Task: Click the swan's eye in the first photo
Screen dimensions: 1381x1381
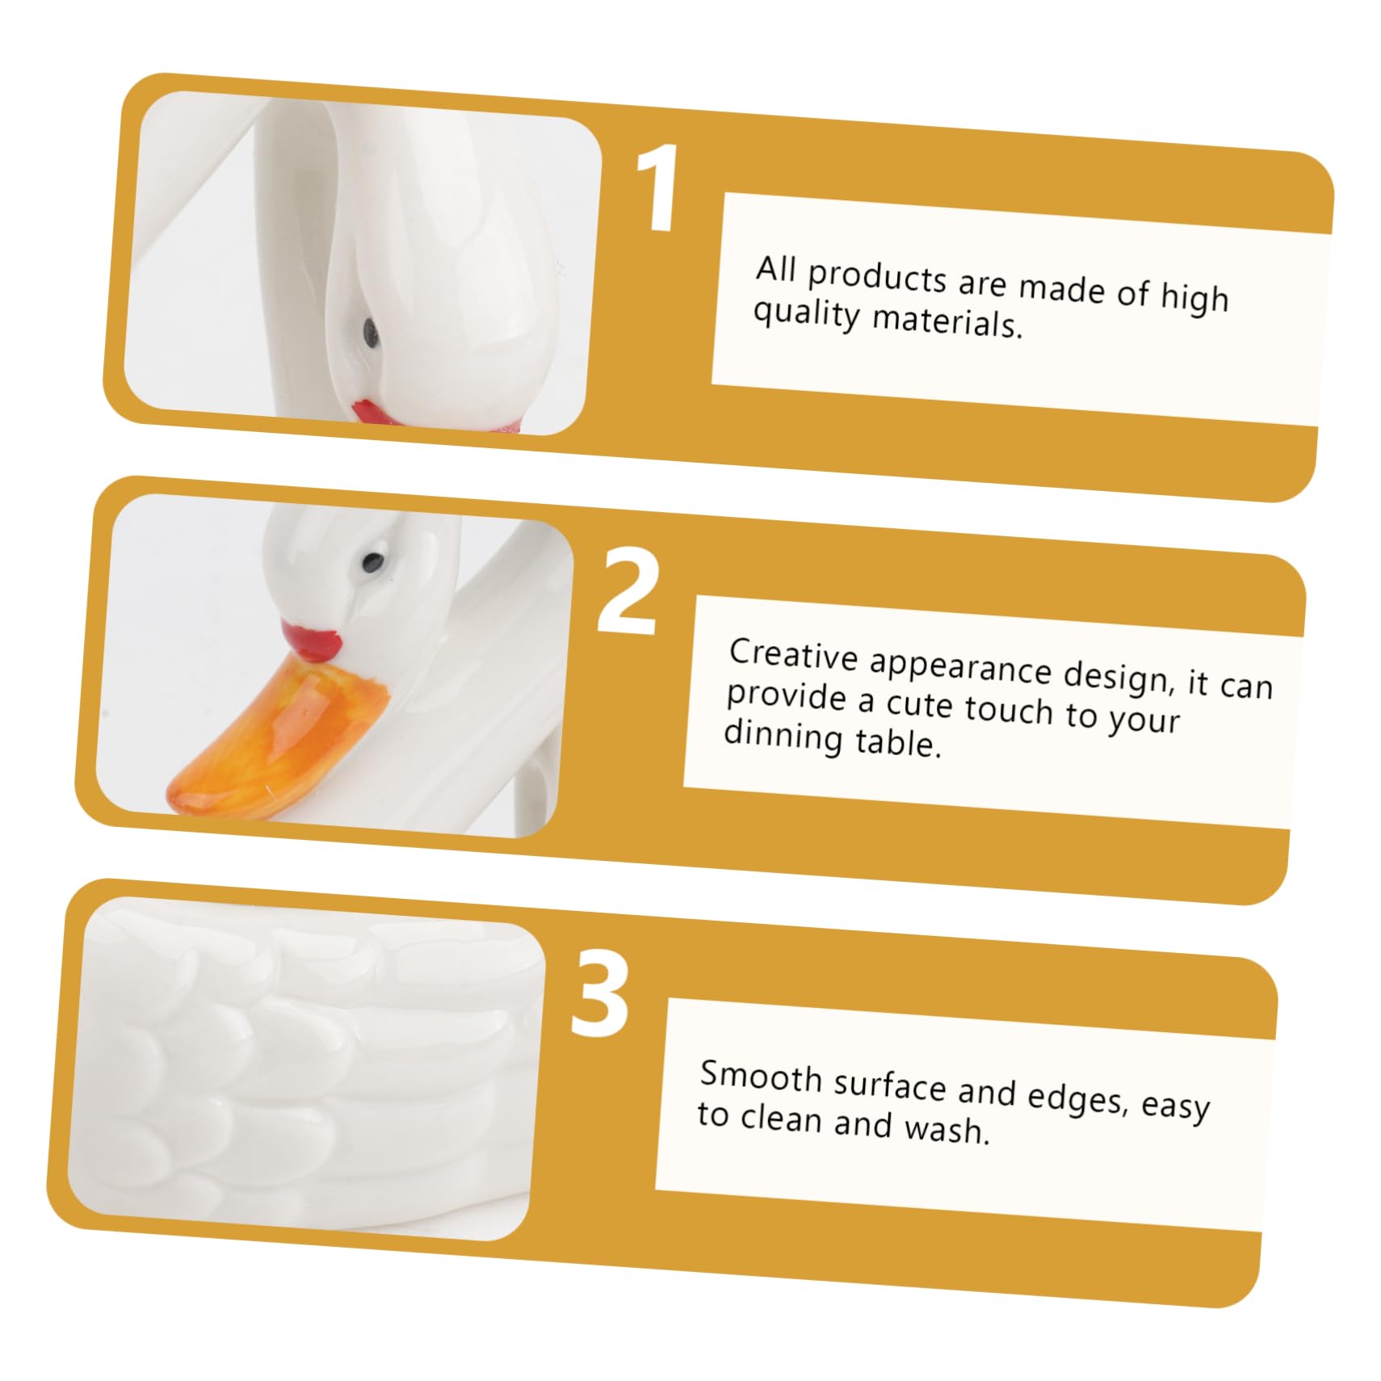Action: click(x=370, y=329)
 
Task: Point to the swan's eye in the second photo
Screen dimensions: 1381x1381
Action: click(x=372, y=558)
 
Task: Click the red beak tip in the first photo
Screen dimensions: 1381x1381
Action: click(x=373, y=410)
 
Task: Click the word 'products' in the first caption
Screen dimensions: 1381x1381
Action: click(x=877, y=276)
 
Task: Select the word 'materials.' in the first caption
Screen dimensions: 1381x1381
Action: click(x=948, y=321)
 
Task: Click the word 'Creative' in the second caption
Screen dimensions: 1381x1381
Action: click(x=793, y=654)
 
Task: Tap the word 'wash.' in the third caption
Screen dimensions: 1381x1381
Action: click(x=947, y=1128)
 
